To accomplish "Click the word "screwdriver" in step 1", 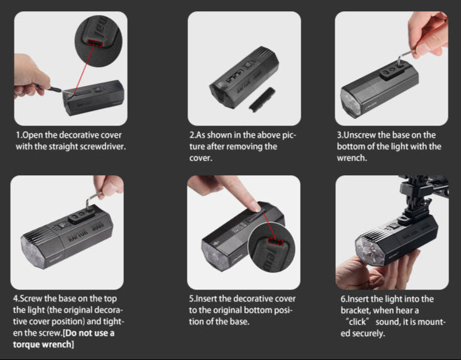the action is (103, 146).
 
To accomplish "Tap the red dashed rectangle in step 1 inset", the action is (95, 43).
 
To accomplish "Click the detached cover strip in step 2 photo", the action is (262, 99).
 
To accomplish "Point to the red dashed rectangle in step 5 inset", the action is (275, 242).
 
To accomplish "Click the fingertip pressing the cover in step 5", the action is (256, 207).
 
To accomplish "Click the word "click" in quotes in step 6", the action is (357, 322).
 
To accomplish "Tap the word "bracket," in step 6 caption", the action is (355, 310).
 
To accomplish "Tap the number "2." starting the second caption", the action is (192, 135).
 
